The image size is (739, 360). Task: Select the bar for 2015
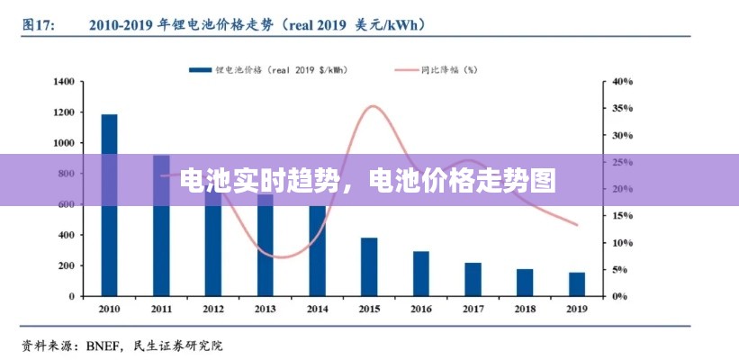pos(369,266)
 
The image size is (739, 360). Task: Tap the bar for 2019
pos(576,283)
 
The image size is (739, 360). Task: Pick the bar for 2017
pos(473,279)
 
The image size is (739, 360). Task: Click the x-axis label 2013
pos(266,309)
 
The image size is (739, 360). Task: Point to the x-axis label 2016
pos(421,309)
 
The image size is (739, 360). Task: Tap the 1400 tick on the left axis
pos(64,82)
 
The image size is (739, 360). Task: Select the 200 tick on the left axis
pos(67,265)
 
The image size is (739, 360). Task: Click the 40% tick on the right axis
pos(623,82)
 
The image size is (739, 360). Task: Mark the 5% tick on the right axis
pos(620,269)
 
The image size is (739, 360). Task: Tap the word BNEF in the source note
pos(106,345)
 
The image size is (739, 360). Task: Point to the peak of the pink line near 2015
pos(372,106)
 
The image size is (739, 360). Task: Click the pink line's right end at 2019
pos(576,224)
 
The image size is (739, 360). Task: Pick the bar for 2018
pos(525,283)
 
